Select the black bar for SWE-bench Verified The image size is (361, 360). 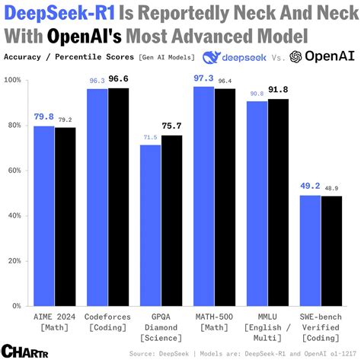click(x=331, y=250)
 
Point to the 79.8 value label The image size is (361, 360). click(x=43, y=118)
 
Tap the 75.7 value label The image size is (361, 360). click(x=172, y=126)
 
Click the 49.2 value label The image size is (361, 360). click(x=309, y=186)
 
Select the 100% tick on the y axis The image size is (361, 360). click(x=12, y=79)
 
